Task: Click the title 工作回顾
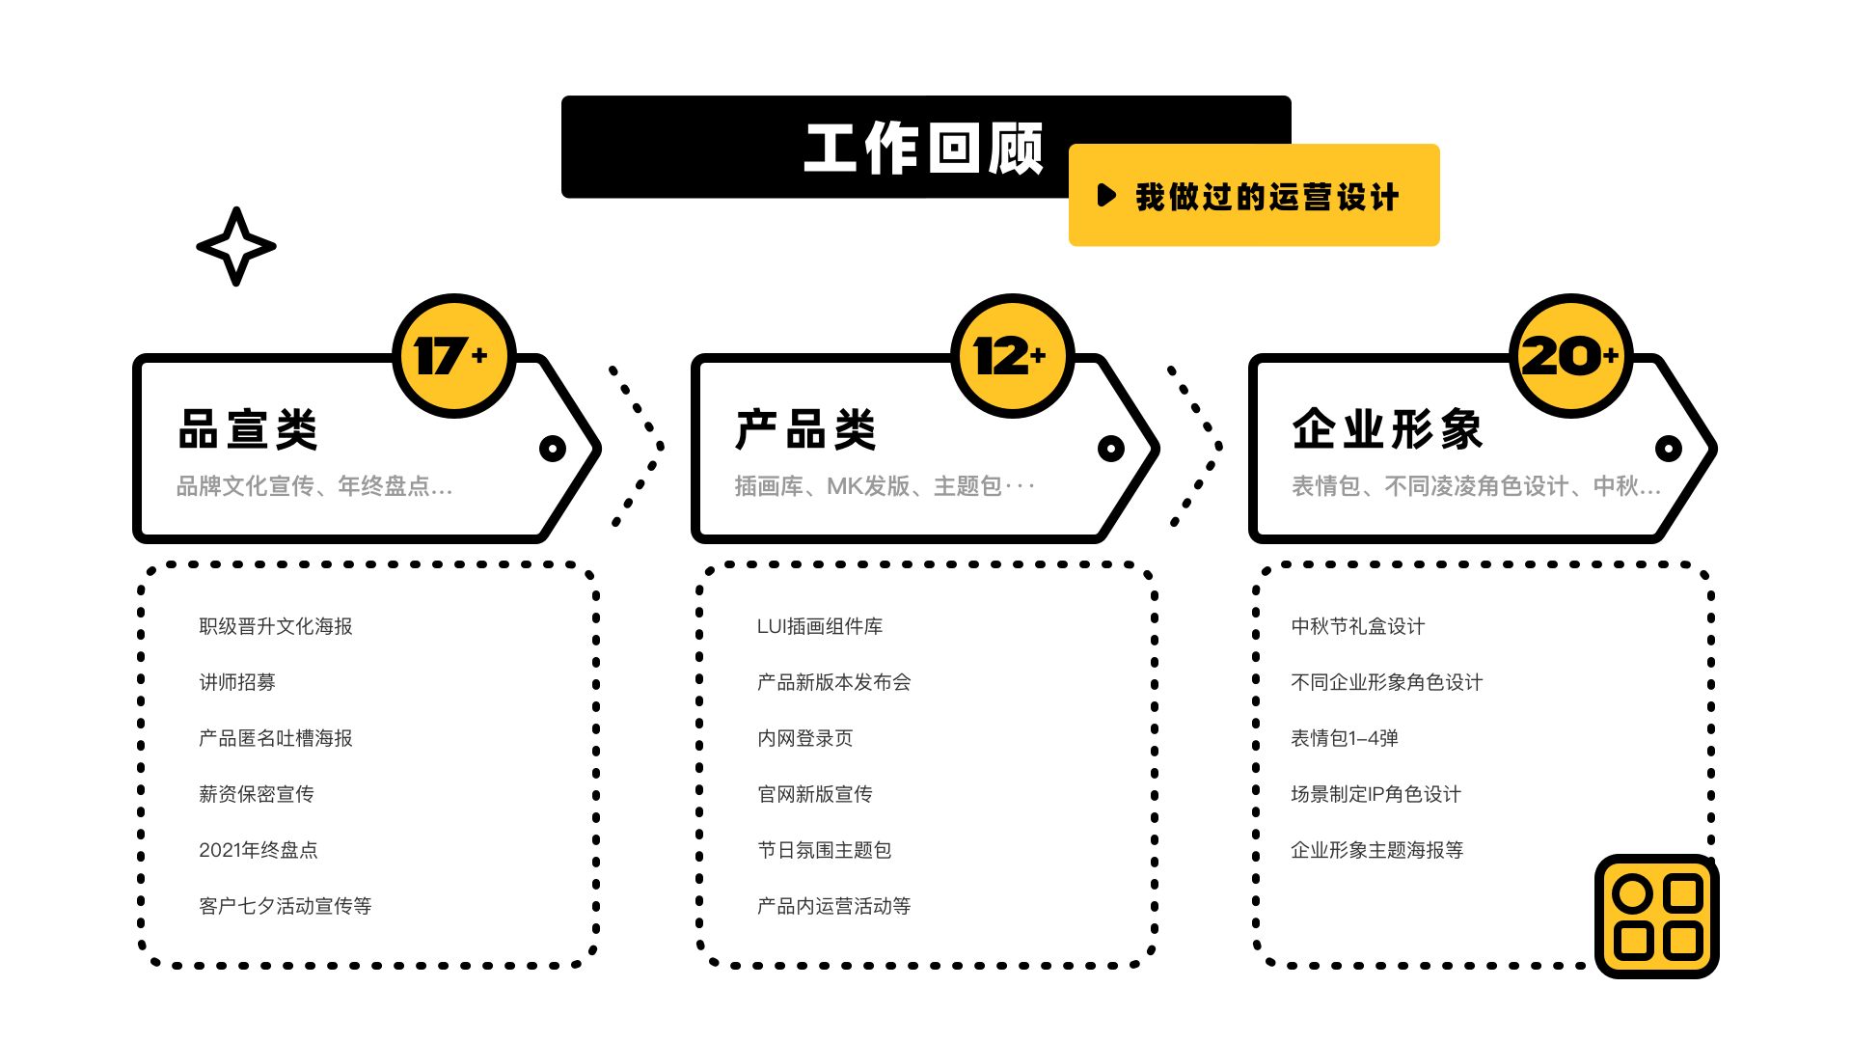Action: [923, 149]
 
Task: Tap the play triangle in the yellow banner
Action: [1106, 196]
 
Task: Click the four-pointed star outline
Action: [236, 246]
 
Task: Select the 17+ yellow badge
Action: [453, 356]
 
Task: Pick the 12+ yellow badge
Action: [1012, 356]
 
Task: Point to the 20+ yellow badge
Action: [1570, 356]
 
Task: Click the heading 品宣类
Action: [248, 429]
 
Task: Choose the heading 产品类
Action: [805, 429]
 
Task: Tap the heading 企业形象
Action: [1387, 429]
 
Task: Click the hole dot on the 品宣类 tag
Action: [553, 449]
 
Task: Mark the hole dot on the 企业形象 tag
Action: [1669, 449]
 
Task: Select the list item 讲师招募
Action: [237, 682]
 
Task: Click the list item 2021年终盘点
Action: [258, 850]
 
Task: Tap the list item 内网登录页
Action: [804, 738]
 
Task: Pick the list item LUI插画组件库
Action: [820, 626]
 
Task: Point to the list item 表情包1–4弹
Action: [1344, 738]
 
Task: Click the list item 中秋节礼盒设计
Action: [1357, 626]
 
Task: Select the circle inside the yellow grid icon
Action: [1632, 894]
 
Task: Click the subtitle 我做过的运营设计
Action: [1266, 197]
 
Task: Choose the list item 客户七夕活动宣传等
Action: [285, 906]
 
